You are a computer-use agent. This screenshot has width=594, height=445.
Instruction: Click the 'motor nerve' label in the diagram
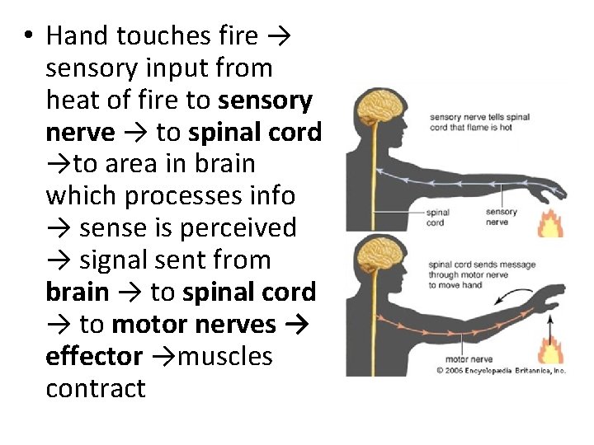(x=469, y=359)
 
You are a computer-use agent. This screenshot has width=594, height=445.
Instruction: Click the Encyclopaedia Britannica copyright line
(x=502, y=370)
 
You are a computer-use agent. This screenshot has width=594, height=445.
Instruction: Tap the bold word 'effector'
(x=94, y=356)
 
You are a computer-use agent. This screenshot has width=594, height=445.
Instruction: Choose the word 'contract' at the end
(x=95, y=388)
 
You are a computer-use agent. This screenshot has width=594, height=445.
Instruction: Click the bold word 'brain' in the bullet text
(x=78, y=292)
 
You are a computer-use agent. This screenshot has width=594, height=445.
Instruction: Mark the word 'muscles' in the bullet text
(x=225, y=356)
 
